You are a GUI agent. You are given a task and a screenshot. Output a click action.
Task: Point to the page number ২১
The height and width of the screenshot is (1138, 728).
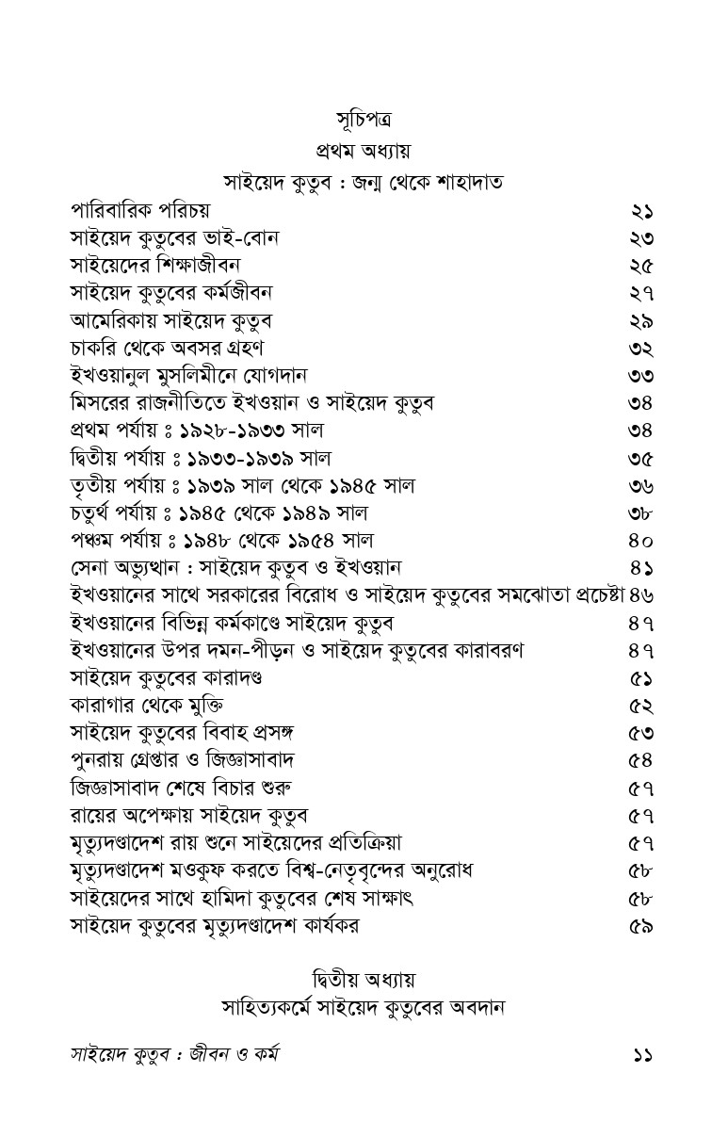click(x=641, y=210)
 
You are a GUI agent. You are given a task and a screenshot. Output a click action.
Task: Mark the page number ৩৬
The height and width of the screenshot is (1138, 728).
click(x=641, y=486)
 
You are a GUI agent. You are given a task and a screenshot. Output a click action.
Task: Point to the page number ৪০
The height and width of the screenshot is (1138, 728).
click(x=641, y=541)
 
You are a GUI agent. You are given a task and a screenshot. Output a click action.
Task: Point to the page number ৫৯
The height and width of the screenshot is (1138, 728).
click(x=641, y=926)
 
